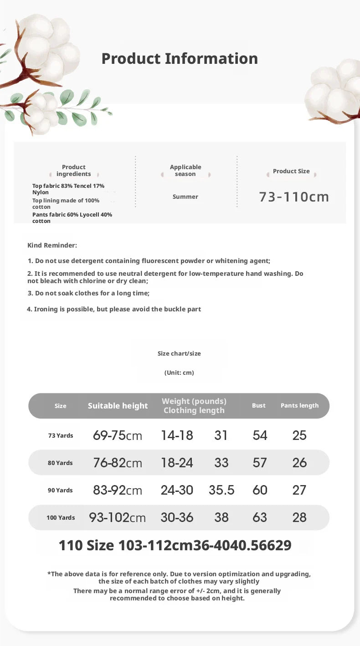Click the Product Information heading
(180, 58)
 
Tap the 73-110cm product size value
(294, 196)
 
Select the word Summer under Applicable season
(185, 196)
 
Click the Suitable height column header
(118, 406)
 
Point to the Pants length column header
(299, 405)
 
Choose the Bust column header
(258, 405)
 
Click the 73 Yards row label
(61, 435)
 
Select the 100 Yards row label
(61, 517)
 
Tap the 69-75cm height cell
(118, 435)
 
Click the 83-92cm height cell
(118, 490)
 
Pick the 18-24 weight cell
(177, 463)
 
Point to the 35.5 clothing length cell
(221, 490)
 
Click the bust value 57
(260, 463)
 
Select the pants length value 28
(299, 517)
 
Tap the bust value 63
(260, 517)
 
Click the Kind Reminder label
(52, 245)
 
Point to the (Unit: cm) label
(179, 372)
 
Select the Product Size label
(291, 171)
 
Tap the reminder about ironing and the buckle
(114, 309)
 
